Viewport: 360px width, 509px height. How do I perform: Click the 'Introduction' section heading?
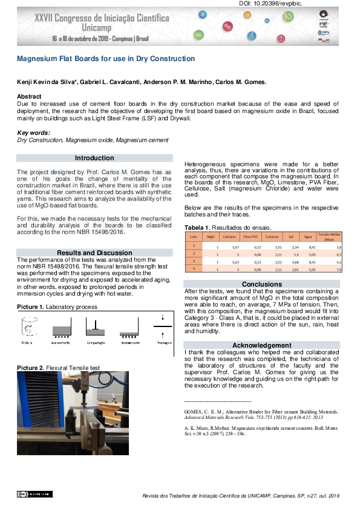point(94,158)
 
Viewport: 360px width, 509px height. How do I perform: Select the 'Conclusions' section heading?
point(262,284)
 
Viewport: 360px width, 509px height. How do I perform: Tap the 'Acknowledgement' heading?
point(262,345)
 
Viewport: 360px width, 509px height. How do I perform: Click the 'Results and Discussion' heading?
point(94,253)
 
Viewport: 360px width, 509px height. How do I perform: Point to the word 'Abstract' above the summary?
point(29,97)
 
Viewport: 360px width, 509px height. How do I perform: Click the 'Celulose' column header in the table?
point(272,237)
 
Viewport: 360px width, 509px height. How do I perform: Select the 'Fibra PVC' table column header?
point(252,237)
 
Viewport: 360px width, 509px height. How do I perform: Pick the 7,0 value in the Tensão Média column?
point(339,269)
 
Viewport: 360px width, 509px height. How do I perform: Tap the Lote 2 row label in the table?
point(193,254)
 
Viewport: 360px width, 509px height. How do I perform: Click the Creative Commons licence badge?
point(30,494)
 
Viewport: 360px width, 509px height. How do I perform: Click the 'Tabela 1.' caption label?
point(197,227)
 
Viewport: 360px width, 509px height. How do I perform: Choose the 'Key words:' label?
point(34,132)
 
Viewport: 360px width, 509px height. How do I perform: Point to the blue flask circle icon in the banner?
point(249,36)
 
